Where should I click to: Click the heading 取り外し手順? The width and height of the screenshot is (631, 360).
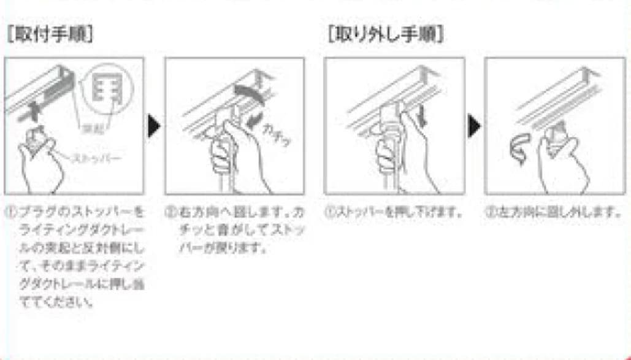(x=386, y=34)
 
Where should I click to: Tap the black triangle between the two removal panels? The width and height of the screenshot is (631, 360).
(x=474, y=126)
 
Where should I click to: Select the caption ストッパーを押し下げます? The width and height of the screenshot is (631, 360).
(x=398, y=213)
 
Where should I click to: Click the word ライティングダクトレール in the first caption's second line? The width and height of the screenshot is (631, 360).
(x=80, y=228)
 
